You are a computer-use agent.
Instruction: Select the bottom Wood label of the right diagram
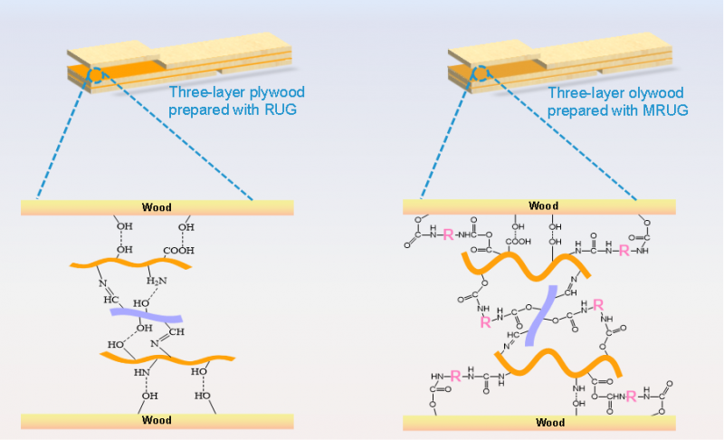550,422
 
